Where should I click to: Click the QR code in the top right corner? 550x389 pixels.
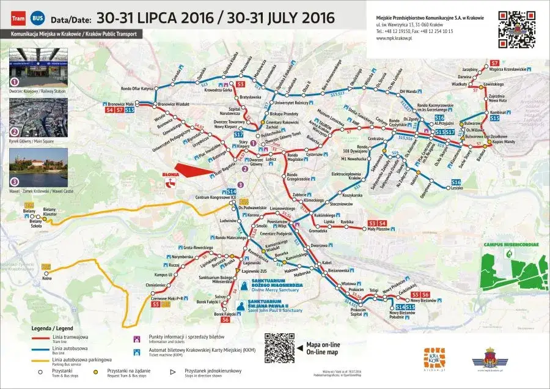pyautogui.click(x=517, y=29)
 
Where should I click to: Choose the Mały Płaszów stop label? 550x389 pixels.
pyautogui.click(x=378, y=229)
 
